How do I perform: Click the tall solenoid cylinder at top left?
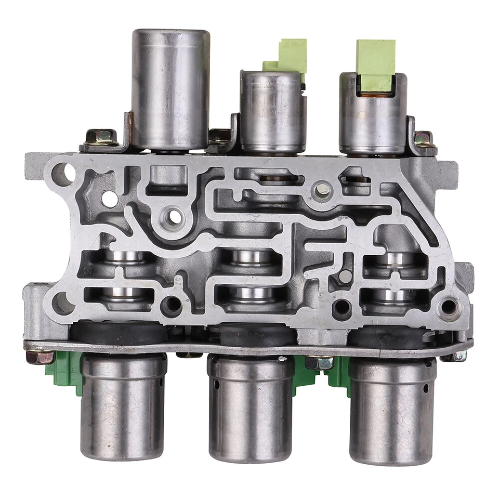[170, 88]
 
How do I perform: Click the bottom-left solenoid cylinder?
[123, 405]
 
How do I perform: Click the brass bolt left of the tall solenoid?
[100, 137]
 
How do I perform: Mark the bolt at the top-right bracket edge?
[423, 139]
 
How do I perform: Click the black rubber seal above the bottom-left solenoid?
[119, 332]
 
